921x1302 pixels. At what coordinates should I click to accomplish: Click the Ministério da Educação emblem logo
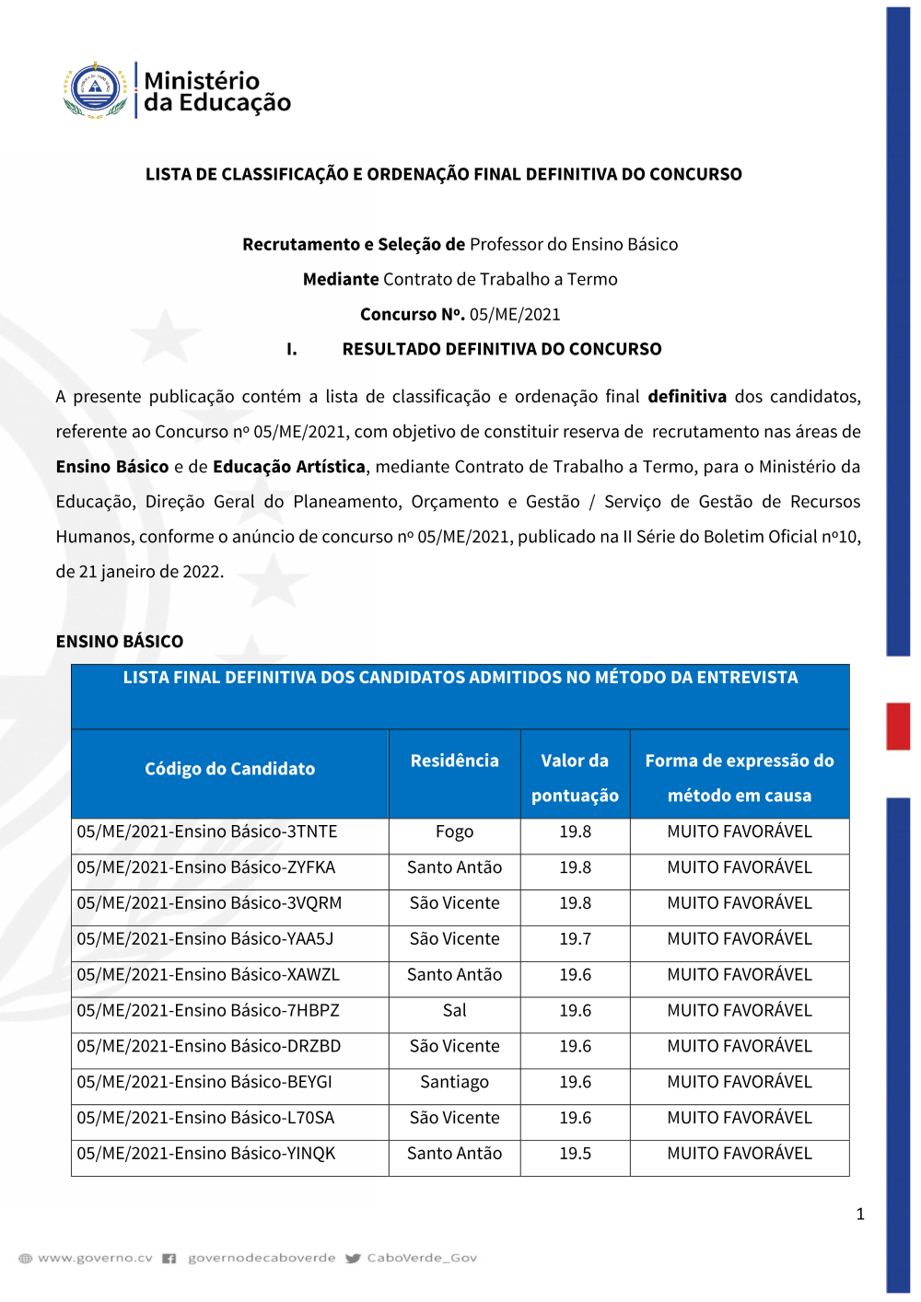click(x=95, y=90)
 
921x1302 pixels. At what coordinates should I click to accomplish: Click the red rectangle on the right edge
click(x=898, y=727)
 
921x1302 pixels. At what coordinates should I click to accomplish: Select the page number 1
click(x=860, y=1214)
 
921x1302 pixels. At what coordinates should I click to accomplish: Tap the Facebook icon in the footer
click(x=169, y=1258)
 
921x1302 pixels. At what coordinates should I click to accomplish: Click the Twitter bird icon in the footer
click(x=353, y=1258)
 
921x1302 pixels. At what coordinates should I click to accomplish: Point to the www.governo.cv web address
click(x=95, y=1258)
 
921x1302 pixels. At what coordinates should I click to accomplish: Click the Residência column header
click(x=454, y=761)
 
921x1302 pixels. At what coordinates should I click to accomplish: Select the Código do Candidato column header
click(x=229, y=769)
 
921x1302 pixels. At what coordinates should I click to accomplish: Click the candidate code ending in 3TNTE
click(x=207, y=831)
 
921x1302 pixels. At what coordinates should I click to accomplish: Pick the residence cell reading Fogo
click(x=454, y=831)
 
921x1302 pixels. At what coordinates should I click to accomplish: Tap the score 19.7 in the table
click(x=575, y=939)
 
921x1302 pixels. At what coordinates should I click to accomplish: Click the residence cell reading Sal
click(x=454, y=1010)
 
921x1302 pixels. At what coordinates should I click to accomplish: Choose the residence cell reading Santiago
click(x=454, y=1082)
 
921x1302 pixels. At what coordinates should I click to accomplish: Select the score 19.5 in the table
click(x=575, y=1153)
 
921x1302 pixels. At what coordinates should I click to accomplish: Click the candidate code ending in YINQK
click(x=206, y=1153)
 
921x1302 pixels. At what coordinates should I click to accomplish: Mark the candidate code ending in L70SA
click(x=205, y=1118)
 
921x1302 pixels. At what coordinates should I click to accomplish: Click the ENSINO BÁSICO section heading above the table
click(x=120, y=642)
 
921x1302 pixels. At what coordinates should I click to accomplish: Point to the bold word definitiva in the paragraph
click(x=687, y=397)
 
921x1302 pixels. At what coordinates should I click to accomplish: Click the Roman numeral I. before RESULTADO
click(x=291, y=349)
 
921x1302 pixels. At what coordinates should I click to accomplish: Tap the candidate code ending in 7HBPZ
click(x=208, y=1010)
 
